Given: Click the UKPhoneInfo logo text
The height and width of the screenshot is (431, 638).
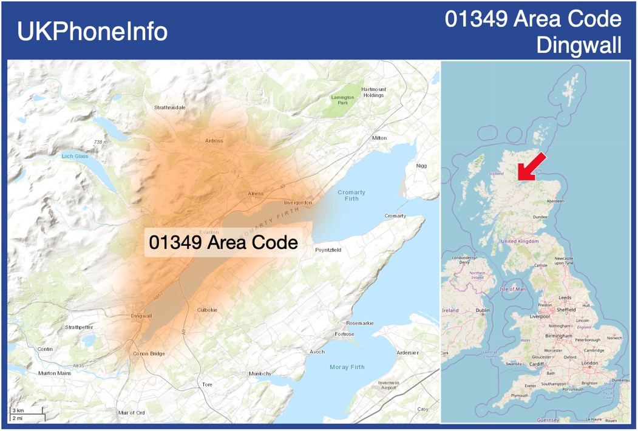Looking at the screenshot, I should (92, 32).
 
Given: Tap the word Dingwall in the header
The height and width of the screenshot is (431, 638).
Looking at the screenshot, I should (579, 45).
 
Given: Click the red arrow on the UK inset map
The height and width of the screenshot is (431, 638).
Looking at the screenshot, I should (531, 168).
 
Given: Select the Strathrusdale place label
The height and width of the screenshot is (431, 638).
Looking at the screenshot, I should (170, 107).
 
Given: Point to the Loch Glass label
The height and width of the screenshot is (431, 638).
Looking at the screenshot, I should (75, 156).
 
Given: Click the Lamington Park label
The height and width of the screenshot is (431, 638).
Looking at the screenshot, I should (343, 100).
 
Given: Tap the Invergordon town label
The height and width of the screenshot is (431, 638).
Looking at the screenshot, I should (298, 202).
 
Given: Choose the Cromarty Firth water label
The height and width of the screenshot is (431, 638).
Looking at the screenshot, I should (351, 195).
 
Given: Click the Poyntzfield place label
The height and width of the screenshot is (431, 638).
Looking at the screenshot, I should (328, 249).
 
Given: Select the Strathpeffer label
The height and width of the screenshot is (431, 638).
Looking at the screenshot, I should (80, 327).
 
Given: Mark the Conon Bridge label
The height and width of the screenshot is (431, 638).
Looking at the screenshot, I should (149, 353).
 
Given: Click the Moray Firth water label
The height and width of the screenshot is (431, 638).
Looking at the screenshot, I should (347, 367).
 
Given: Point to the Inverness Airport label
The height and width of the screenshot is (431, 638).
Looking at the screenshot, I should (389, 385).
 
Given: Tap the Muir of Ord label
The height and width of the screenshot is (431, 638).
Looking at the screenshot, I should (132, 413).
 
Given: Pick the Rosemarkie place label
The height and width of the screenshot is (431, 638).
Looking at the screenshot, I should (359, 323).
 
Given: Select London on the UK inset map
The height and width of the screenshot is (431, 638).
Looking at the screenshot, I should (589, 363).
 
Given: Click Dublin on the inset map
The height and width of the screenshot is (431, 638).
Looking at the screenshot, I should (483, 310).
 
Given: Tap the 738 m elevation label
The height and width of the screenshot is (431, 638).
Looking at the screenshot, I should (101, 142).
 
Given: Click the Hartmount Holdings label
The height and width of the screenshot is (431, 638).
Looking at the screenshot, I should (373, 92).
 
